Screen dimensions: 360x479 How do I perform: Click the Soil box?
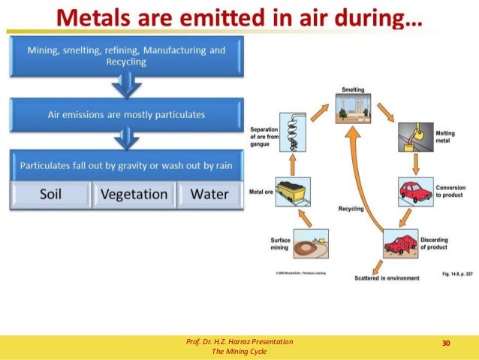pos(50,194)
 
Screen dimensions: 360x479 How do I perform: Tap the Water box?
pos(209,194)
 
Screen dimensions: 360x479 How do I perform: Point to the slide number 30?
pos(446,343)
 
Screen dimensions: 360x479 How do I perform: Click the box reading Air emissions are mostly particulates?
pos(126,114)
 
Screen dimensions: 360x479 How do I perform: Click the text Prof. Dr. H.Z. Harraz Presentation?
pos(239,342)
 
